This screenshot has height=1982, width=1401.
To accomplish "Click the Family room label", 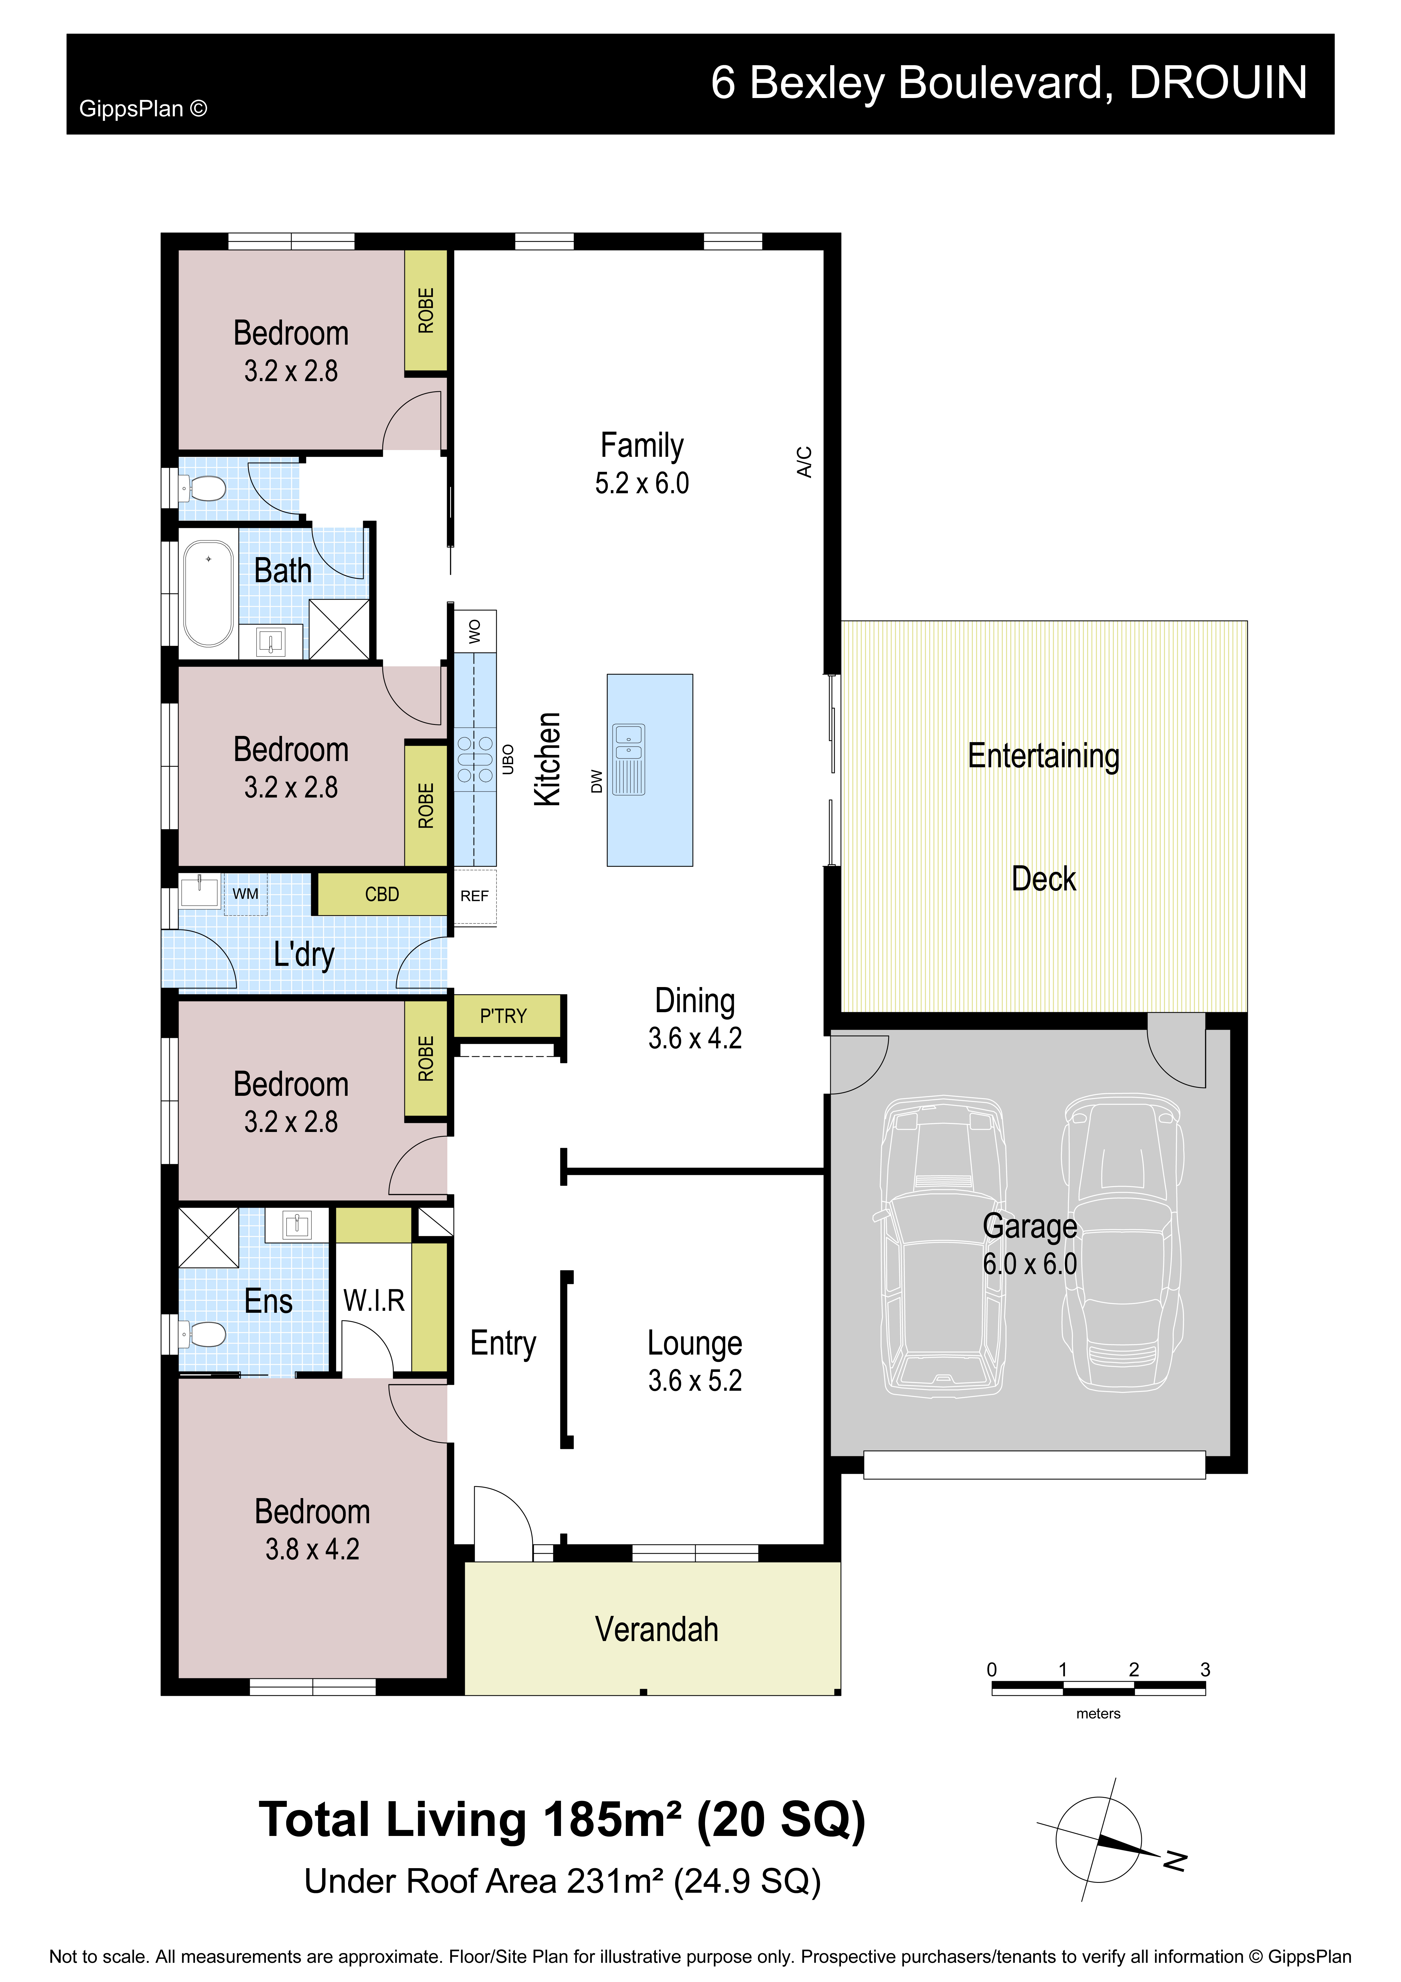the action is (x=641, y=445).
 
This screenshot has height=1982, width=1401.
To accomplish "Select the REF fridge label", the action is (x=474, y=896).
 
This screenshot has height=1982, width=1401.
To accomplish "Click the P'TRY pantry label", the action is (x=503, y=1016).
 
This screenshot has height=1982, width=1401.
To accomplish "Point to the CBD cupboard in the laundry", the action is (x=381, y=894).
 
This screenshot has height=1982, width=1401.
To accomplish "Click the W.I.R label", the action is (x=374, y=1300).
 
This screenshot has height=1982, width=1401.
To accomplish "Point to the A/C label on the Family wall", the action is (x=804, y=462).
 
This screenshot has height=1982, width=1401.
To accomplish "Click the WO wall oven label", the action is (x=474, y=631).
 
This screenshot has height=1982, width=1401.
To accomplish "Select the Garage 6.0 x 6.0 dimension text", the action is (x=1030, y=1264).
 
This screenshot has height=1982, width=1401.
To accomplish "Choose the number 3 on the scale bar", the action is (x=1205, y=1670).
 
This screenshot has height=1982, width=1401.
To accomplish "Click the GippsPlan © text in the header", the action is (x=143, y=109).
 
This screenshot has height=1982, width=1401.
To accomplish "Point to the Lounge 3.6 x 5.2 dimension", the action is (x=695, y=1380).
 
